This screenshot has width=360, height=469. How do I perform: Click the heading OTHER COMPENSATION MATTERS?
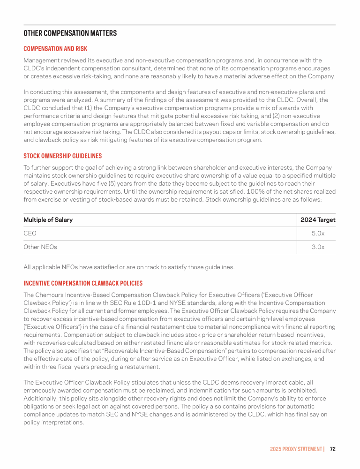[x=70, y=33]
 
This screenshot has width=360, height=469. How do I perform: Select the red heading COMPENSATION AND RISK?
[x=55, y=49]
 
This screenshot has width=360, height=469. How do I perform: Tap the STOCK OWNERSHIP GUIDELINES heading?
[x=62, y=156]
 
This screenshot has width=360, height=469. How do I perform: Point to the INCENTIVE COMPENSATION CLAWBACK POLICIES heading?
[x=83, y=283]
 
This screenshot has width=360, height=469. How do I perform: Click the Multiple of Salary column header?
[x=48, y=220]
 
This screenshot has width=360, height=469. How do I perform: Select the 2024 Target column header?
[x=318, y=220]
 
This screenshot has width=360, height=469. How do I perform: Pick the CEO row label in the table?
[x=30, y=234]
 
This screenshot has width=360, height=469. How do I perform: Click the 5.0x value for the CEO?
[x=318, y=234]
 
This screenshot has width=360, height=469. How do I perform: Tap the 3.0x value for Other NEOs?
[x=318, y=247]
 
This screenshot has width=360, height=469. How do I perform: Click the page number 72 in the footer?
[x=332, y=449]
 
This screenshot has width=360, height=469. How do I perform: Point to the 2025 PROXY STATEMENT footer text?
[x=296, y=449]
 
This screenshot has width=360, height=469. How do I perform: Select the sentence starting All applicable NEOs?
[x=129, y=267]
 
